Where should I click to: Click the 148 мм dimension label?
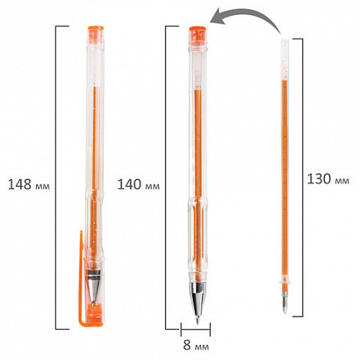[28, 184]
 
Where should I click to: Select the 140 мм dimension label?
[138, 184]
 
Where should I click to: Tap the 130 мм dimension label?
[328, 179]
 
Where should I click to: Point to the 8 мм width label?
[196, 346]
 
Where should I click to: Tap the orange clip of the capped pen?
[81, 279]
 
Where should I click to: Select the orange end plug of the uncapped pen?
[198, 35]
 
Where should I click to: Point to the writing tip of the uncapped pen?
[198, 320]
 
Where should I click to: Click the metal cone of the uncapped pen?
[198, 299]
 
